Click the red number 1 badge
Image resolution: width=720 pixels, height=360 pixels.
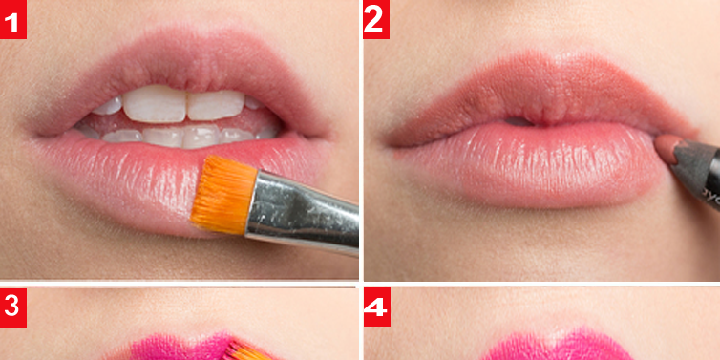pyautogui.click(x=13, y=19)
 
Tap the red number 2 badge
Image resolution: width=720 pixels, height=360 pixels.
pyautogui.click(x=376, y=19)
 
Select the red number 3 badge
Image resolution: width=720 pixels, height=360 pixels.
pyautogui.click(x=13, y=307)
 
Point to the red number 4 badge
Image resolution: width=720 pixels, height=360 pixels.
pyautogui.click(x=377, y=307)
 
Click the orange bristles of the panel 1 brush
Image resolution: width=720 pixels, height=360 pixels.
pyautogui.click(x=223, y=194)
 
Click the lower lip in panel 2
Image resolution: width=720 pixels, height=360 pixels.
pyautogui.click(x=533, y=165)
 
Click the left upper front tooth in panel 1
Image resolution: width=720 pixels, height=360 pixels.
pyautogui.click(x=155, y=104)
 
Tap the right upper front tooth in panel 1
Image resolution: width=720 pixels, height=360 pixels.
pyautogui.click(x=216, y=105)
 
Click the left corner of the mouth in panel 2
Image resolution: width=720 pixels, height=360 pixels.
pyautogui.click(x=392, y=144)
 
